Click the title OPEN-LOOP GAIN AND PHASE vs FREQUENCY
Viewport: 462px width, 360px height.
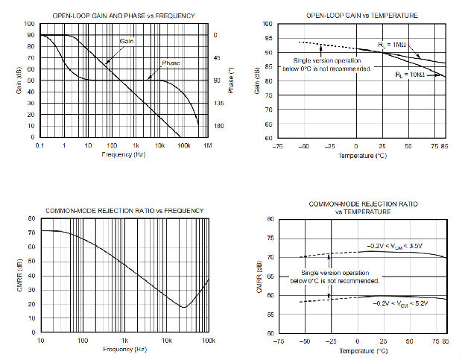tap(124, 15)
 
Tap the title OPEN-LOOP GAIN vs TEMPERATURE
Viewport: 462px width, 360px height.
tap(361, 15)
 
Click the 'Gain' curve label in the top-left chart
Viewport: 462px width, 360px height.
tap(127, 40)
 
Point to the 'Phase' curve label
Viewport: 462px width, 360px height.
tap(171, 63)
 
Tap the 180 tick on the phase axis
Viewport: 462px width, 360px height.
tap(219, 126)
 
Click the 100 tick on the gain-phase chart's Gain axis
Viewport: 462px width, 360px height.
tap(31, 24)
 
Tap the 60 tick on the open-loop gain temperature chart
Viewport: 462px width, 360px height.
tap(266, 138)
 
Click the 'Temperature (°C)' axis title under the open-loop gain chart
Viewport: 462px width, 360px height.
tap(362, 157)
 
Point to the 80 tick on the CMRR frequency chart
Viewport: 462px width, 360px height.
tap(32, 219)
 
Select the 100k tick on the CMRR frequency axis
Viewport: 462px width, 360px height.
tap(209, 341)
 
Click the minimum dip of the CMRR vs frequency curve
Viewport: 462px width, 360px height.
tap(183, 307)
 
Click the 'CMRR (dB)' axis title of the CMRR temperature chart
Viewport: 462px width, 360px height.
tap(258, 276)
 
